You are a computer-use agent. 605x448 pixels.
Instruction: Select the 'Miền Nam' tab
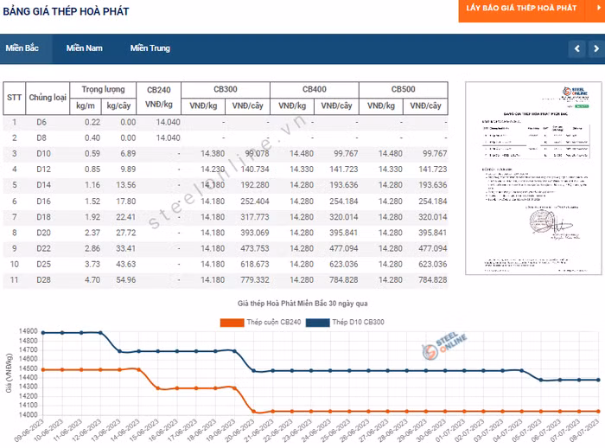click(84, 48)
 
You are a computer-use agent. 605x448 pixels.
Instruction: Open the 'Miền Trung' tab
click(150, 48)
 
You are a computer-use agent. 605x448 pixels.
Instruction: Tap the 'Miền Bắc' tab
click(22, 48)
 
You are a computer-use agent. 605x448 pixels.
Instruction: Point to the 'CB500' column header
click(403, 90)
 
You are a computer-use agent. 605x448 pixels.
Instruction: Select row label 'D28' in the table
click(41, 280)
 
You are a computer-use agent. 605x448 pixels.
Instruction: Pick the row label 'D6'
click(41, 122)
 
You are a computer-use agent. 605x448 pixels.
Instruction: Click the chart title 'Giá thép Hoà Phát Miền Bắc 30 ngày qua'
click(302, 304)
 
